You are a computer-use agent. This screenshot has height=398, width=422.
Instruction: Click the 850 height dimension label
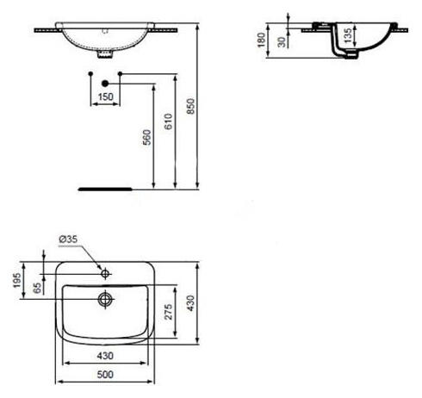pyautogui.click(x=190, y=106)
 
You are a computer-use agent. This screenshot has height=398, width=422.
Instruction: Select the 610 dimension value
pyautogui.click(x=169, y=121)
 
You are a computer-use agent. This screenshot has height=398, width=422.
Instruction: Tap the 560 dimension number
pyautogui.click(x=146, y=137)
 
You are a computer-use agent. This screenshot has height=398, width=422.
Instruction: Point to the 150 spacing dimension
pyautogui.click(x=105, y=96)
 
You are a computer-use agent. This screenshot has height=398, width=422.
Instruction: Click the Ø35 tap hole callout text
pyautogui.click(x=68, y=239)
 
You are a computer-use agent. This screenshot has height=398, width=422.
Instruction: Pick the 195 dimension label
pyautogui.click(x=17, y=280)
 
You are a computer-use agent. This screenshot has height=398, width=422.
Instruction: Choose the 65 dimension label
pyautogui.click(x=37, y=288)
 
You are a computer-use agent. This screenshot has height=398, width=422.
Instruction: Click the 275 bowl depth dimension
pyautogui.click(x=168, y=312)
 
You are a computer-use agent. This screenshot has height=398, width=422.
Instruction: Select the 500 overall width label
pyautogui.click(x=105, y=375)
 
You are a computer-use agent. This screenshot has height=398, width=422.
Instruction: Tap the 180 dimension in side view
pyautogui.click(x=261, y=40)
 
